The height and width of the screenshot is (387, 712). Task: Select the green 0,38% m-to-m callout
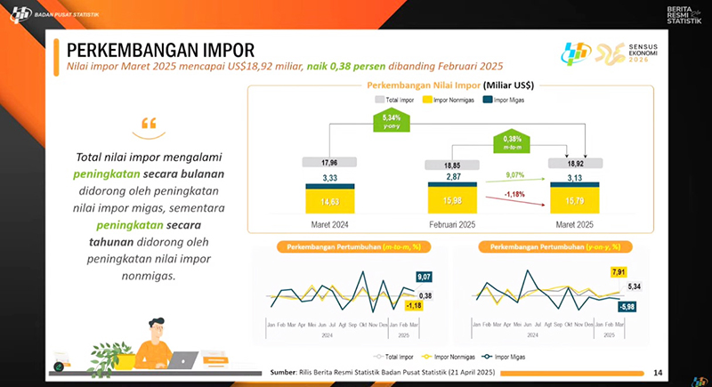coord(512,141)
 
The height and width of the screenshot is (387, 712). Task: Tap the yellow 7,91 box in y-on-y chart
coord(618,272)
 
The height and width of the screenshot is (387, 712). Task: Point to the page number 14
coord(658,372)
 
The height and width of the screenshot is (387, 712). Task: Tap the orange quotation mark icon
coord(148,123)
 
